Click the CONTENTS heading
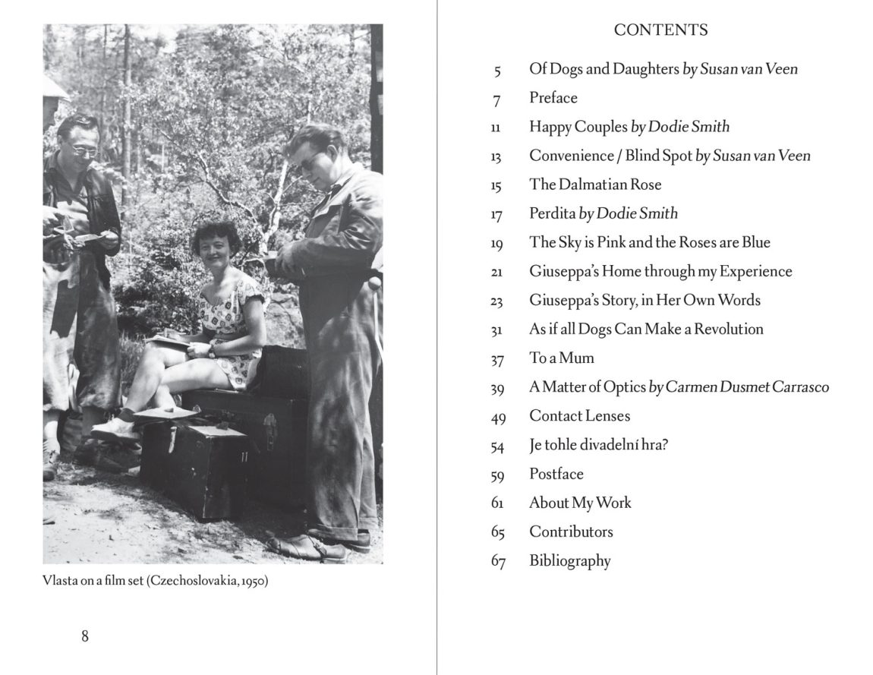click(x=660, y=30)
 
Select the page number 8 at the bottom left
click(x=85, y=636)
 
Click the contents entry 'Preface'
click(x=553, y=98)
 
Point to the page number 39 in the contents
click(x=498, y=388)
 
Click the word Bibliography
click(x=569, y=561)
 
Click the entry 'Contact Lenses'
click(x=579, y=416)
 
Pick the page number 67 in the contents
click(x=498, y=562)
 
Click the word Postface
click(x=556, y=474)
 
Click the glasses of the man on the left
click(x=84, y=150)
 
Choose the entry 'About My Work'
click(x=580, y=503)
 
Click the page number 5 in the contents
click(x=498, y=71)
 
